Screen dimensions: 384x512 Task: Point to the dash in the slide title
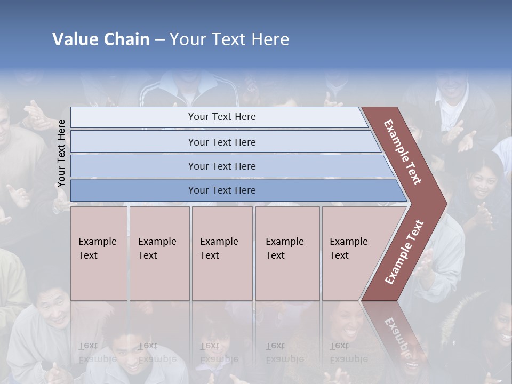[x=159, y=39]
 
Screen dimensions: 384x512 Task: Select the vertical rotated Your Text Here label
[x=61, y=153]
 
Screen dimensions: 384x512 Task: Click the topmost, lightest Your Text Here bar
[x=222, y=117]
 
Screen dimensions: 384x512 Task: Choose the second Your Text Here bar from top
[x=222, y=142]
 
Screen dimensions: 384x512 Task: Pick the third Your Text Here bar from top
[x=222, y=166]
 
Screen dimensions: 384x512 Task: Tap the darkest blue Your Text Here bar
[x=222, y=190]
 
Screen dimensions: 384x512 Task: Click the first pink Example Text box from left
[x=99, y=253]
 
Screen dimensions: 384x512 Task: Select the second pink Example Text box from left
[x=159, y=253]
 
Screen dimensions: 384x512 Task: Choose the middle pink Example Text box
[x=222, y=253]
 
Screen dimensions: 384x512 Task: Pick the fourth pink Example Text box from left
[x=287, y=253]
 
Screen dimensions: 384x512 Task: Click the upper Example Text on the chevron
[x=403, y=152]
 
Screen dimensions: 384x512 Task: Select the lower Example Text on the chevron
[x=404, y=252]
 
